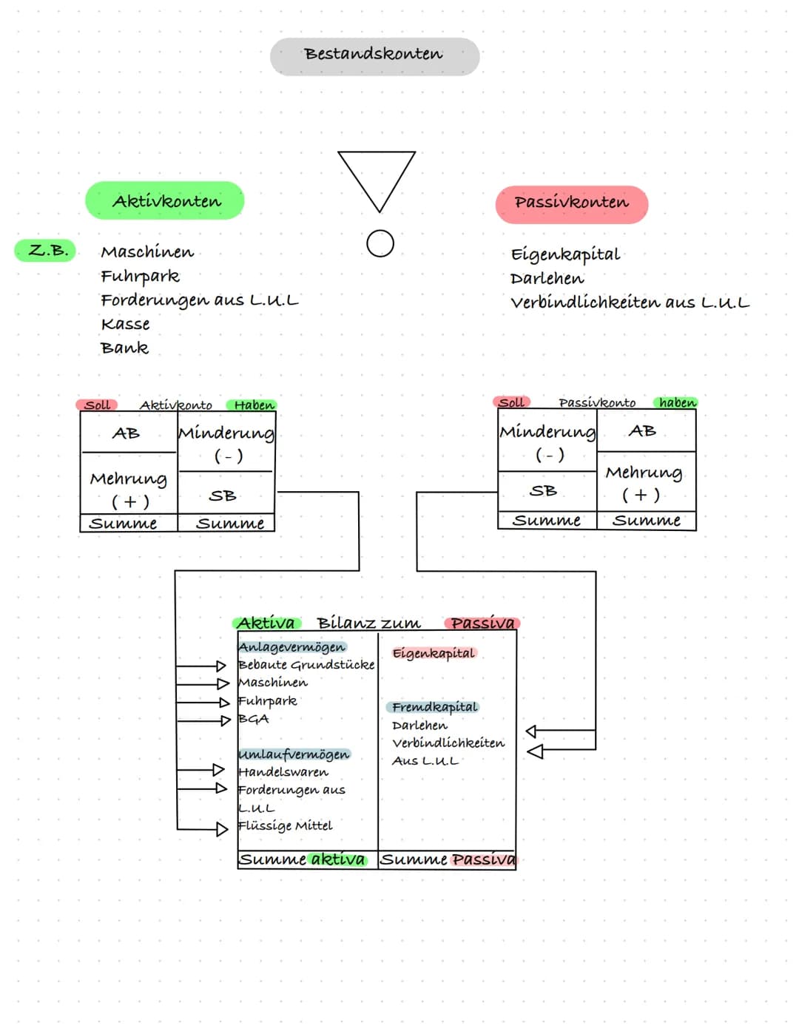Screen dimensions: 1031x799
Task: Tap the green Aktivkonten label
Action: coord(165,201)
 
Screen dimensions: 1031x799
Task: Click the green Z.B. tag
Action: coord(47,250)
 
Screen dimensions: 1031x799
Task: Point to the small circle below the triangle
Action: coord(380,243)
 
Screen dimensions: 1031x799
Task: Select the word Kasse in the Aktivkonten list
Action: coord(125,324)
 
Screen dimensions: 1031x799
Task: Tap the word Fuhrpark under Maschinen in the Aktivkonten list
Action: coord(140,277)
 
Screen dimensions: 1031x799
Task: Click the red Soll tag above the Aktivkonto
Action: coord(97,405)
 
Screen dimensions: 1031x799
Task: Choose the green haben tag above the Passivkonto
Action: coord(676,402)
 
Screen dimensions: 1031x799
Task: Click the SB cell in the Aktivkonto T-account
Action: coord(223,496)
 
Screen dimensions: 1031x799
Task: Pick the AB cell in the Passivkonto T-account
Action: coord(641,430)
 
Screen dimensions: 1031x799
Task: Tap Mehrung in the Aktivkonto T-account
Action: coord(129,479)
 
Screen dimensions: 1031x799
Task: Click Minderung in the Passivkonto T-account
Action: coord(547,432)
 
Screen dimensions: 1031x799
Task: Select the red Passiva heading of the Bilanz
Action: coord(482,623)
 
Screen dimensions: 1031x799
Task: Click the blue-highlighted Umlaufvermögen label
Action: coord(294,754)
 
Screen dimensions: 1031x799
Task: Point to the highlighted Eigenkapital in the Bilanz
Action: coord(434,653)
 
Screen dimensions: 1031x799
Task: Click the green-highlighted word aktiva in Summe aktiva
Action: coord(337,859)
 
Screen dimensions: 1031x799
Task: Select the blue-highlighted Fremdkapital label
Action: coord(434,707)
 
